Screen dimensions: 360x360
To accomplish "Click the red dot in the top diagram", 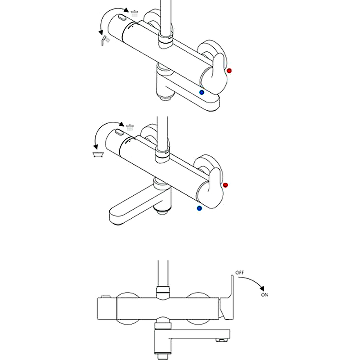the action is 229,71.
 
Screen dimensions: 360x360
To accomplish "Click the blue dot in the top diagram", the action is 202,92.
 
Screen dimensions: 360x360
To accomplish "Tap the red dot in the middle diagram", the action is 225,185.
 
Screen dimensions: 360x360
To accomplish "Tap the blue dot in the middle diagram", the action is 199,208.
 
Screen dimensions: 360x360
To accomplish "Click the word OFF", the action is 239,273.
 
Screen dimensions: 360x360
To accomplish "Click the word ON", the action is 265,295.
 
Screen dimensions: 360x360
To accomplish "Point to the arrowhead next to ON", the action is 262,288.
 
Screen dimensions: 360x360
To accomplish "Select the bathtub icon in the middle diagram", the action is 98,155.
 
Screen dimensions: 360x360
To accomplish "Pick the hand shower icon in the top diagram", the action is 105,40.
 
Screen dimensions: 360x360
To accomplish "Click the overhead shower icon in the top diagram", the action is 134,13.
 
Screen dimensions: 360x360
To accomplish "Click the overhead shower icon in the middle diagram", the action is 130,127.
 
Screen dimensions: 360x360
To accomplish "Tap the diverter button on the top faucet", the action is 122,18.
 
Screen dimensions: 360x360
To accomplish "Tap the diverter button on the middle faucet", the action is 119,132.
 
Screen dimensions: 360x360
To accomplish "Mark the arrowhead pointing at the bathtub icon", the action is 95,147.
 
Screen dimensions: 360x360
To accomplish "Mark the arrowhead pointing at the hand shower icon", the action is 101,32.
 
